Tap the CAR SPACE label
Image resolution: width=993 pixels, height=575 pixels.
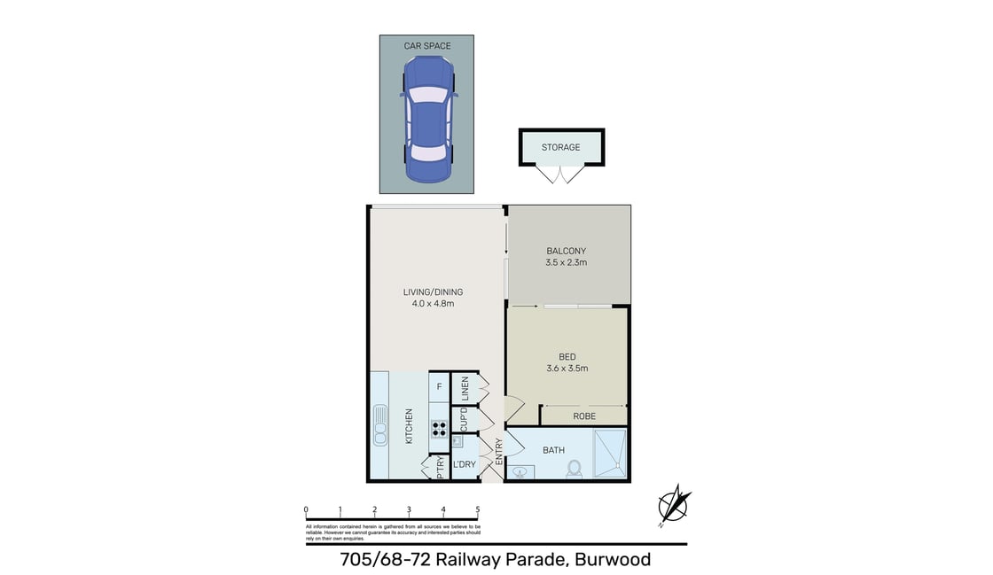coord(427,45)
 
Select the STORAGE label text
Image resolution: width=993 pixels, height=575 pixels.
coord(561,147)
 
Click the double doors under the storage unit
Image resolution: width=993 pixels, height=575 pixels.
coord(561,175)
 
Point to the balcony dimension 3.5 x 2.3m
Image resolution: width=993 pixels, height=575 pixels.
coord(567,262)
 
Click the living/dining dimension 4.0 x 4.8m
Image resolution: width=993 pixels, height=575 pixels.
coord(433,304)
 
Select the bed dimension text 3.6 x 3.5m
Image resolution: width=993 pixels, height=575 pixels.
coord(567,369)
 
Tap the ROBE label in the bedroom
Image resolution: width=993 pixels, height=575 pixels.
coord(584,416)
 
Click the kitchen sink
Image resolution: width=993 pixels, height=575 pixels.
coord(381,425)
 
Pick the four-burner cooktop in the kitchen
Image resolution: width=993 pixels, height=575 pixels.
coord(439,430)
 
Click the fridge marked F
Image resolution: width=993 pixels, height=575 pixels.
coord(439,386)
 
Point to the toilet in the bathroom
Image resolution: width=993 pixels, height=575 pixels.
coord(574,468)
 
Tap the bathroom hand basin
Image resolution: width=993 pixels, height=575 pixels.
coord(519,472)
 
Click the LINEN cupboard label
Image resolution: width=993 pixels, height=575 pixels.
coord(462,388)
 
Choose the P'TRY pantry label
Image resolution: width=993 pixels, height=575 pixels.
coord(439,468)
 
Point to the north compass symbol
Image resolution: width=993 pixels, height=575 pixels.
coord(675,506)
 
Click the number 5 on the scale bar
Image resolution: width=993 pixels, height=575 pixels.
coord(478,509)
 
